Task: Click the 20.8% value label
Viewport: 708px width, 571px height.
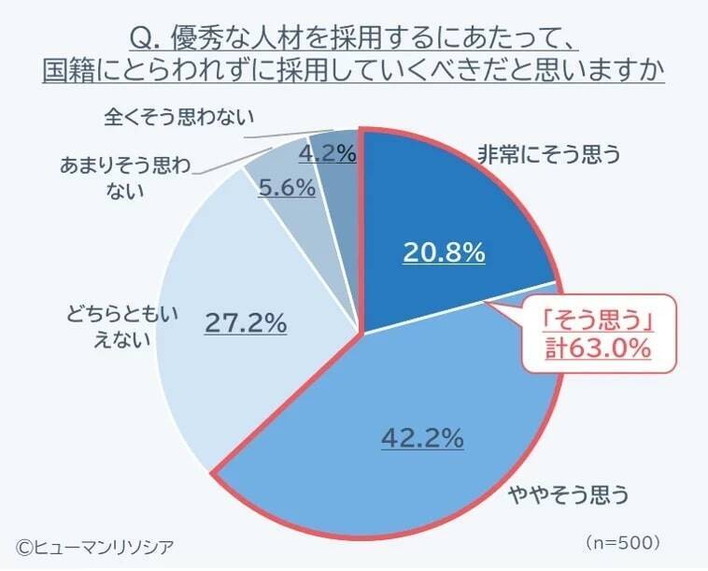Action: tap(444, 251)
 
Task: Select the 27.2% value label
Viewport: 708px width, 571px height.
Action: tap(245, 323)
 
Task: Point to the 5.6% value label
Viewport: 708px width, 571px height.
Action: tap(286, 187)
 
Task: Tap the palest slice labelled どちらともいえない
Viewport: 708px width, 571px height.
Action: tap(215, 374)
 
